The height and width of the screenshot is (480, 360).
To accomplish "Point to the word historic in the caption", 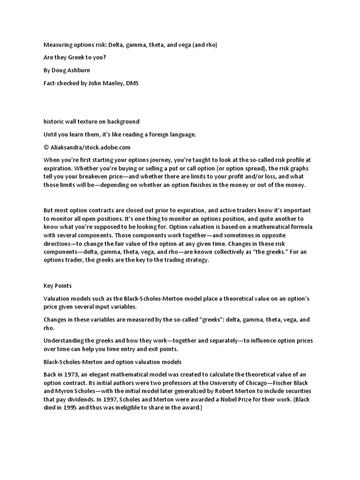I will [x=55, y=122].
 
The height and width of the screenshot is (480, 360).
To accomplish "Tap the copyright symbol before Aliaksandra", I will [x=46, y=147].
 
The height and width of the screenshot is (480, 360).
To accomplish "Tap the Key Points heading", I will [x=58, y=285].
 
